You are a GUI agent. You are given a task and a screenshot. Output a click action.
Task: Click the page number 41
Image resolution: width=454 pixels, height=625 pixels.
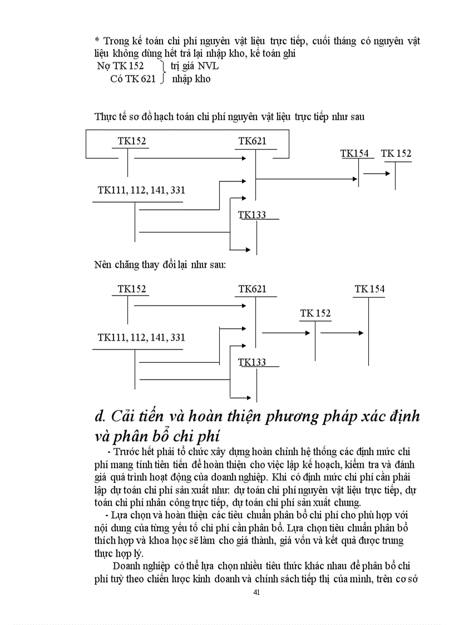pyautogui.click(x=256, y=592)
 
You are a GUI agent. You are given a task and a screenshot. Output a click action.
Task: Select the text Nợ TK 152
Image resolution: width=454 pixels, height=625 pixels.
pyautogui.click(x=120, y=66)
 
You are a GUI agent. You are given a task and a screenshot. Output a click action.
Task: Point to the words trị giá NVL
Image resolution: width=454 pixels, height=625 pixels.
pyautogui.click(x=195, y=66)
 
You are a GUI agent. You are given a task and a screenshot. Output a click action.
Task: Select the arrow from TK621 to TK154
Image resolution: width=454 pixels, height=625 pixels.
pyautogui.click(x=306, y=179)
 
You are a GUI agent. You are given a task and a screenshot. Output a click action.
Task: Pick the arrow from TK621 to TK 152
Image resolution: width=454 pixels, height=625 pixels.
pyautogui.click(x=285, y=333)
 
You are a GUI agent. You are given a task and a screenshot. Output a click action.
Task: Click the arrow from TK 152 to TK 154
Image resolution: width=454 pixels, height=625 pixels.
pyautogui.click(x=342, y=333)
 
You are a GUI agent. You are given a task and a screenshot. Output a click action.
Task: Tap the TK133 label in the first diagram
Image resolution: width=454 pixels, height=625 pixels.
pyautogui.click(x=252, y=215)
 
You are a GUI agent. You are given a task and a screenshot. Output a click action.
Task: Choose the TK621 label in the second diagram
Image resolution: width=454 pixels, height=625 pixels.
pyautogui.click(x=253, y=289)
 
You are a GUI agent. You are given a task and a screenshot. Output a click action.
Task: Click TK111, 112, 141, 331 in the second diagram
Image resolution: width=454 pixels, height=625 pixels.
pyautogui.click(x=141, y=337)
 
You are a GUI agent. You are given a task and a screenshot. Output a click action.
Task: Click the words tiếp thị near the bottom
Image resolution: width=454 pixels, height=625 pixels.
pyautogui.click(x=329, y=578)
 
